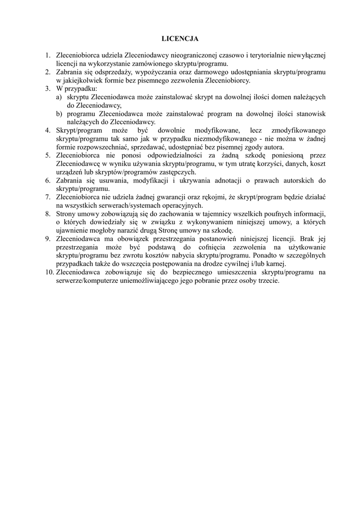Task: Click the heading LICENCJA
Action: [180, 38]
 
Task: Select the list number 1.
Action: [48, 56]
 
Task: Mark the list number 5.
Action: [48, 156]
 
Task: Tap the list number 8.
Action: [48, 214]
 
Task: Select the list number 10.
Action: [49, 272]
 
